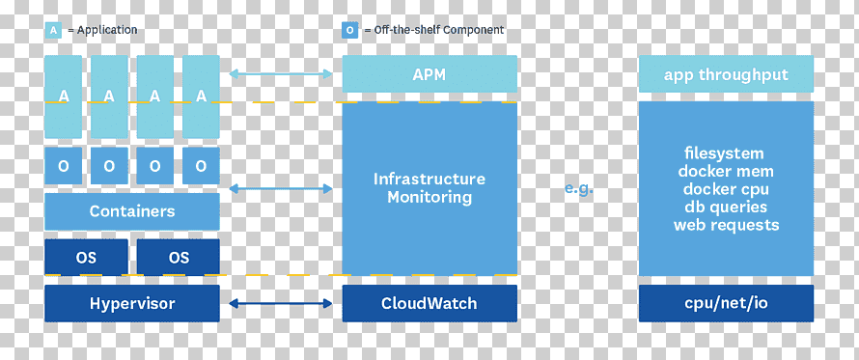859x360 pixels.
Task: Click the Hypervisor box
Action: (x=132, y=303)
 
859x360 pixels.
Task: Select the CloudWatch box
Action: (x=429, y=303)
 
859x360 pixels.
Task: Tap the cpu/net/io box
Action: (x=726, y=303)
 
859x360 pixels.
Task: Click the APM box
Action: (x=429, y=74)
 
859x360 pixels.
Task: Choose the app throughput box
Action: (x=726, y=74)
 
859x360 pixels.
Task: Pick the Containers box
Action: (x=132, y=211)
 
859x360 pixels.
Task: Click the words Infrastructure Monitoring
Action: (x=429, y=187)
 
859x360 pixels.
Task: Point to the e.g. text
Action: (x=578, y=189)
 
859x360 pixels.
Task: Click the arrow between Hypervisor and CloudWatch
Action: (x=281, y=303)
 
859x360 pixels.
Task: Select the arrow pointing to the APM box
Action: (x=281, y=73)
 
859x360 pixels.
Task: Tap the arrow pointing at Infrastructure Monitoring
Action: (x=281, y=188)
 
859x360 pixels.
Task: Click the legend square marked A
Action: (x=53, y=30)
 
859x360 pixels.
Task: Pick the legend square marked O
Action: (x=349, y=30)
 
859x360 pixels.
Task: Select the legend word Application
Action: (x=107, y=30)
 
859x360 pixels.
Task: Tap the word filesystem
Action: (x=724, y=152)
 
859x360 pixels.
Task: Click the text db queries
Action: (x=726, y=207)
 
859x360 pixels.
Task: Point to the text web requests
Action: (x=727, y=225)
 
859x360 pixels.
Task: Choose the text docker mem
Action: (x=726, y=171)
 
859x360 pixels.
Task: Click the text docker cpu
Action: (x=726, y=189)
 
